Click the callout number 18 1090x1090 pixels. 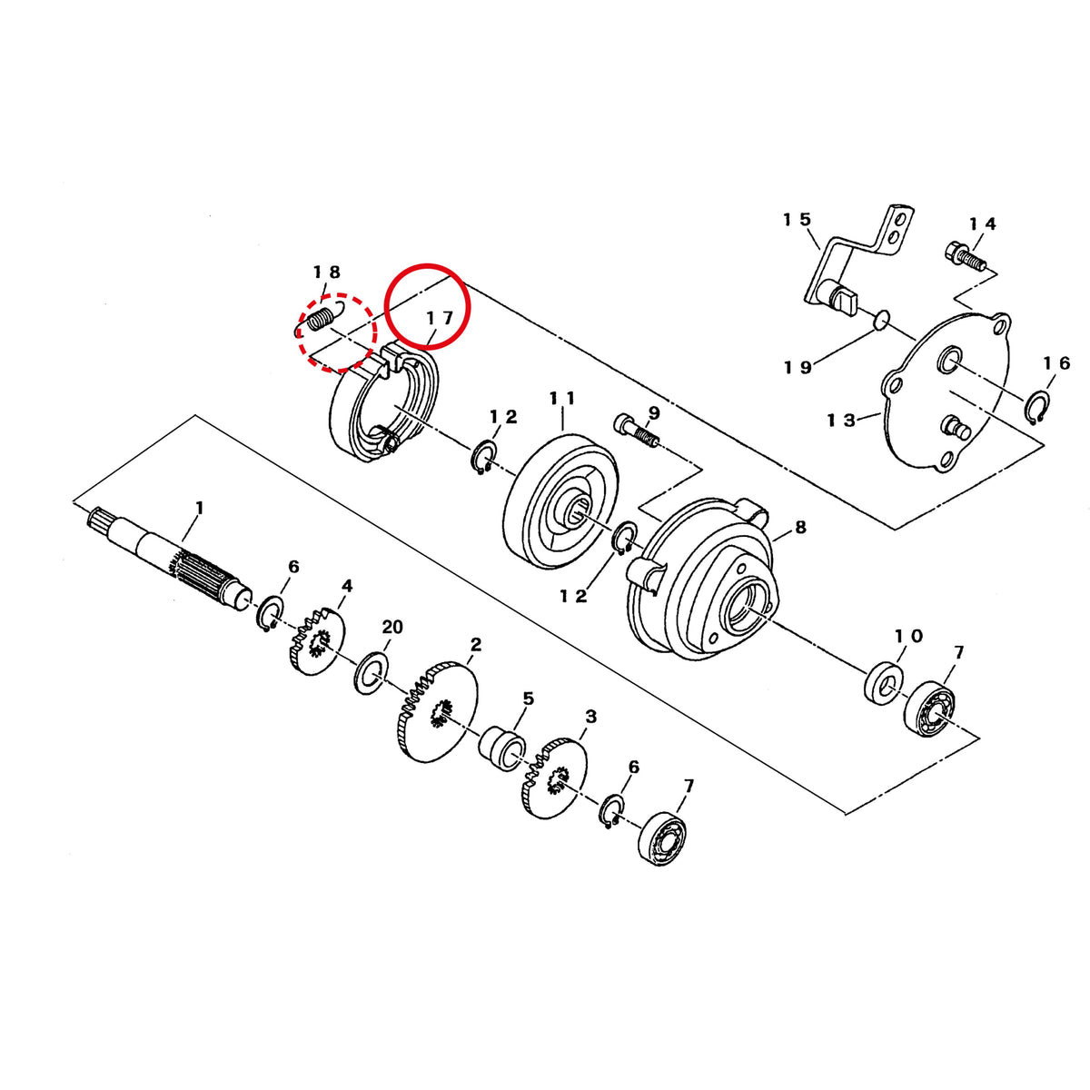click(327, 272)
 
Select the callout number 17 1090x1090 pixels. click(440, 318)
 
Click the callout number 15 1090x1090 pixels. click(797, 219)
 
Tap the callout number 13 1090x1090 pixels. click(842, 421)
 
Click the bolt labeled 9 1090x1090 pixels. click(637, 431)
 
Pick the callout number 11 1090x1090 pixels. click(562, 398)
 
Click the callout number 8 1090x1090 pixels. click(800, 527)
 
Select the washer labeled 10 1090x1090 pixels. click(884, 682)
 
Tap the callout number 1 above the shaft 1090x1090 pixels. click(199, 508)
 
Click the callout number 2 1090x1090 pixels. click(476, 644)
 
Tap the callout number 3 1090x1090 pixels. click(590, 718)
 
